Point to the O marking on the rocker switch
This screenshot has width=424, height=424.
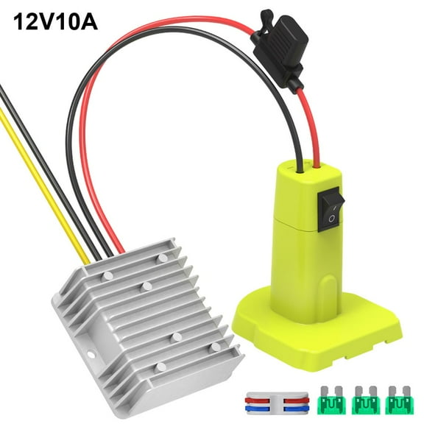point(331,218)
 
